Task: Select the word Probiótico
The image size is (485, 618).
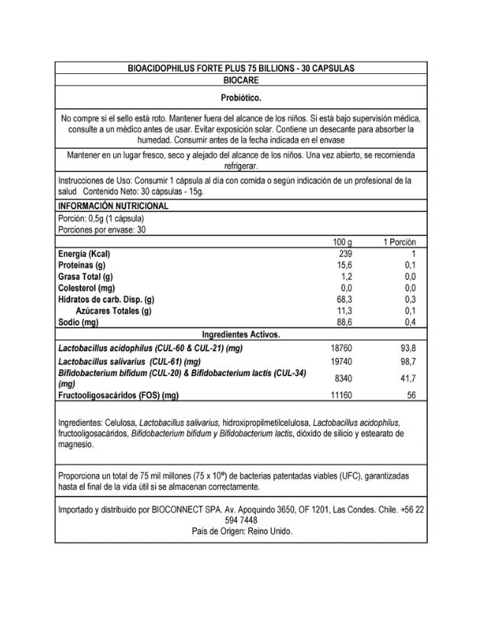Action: (x=241, y=98)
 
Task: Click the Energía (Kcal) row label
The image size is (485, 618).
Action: (x=85, y=253)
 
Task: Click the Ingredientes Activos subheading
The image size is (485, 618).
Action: (x=241, y=334)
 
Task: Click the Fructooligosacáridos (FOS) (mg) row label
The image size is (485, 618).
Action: (x=118, y=395)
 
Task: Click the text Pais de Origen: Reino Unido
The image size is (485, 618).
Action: (x=241, y=531)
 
